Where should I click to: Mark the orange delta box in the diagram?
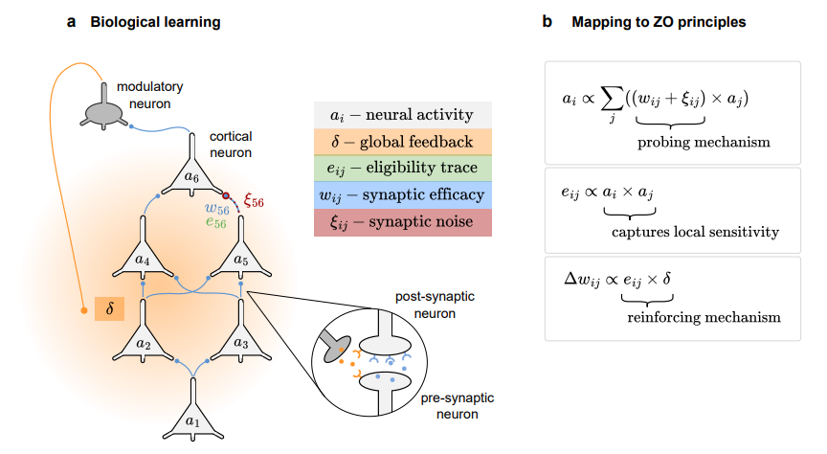(109, 311)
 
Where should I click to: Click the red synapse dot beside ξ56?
(227, 195)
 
